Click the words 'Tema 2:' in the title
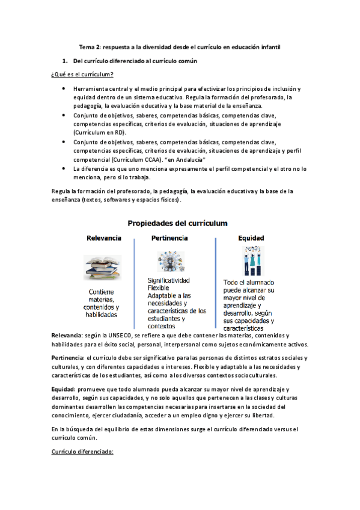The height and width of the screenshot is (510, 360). coord(90,46)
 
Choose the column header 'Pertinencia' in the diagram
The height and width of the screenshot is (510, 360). coord(169,238)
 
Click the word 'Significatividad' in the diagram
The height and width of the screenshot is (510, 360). coord(169,281)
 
